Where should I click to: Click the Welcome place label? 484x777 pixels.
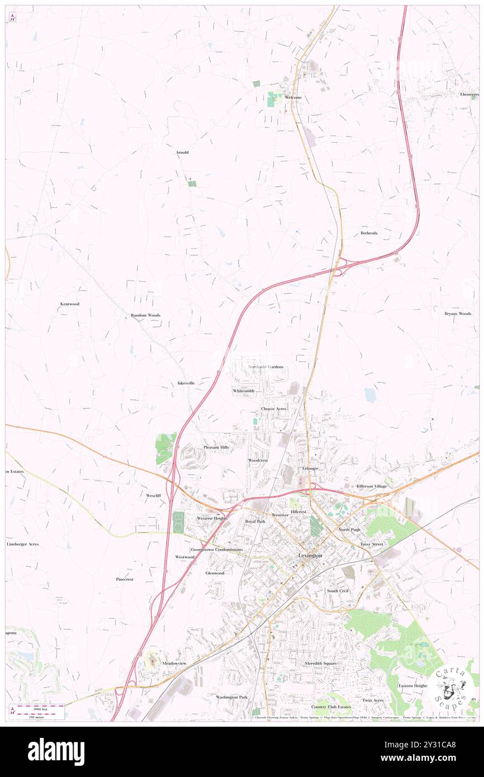pos(293,97)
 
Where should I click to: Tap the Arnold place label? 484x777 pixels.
pos(182,152)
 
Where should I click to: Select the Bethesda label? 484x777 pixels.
pos(369,233)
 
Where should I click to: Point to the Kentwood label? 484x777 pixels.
pos(70,304)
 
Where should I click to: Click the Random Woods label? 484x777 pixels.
pos(145,315)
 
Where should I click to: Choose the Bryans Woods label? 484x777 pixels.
pos(458,314)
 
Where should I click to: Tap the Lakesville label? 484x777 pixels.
pos(186,383)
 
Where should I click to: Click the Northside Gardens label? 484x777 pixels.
pos(265,367)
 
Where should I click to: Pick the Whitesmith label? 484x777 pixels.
pos(243,390)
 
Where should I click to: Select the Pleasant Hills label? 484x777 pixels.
pos(216,448)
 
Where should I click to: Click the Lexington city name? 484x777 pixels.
pos(310,556)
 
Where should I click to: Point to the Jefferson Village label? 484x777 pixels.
pos(372,486)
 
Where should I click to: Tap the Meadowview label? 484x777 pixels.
pos(174,663)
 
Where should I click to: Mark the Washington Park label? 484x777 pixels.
pos(231,697)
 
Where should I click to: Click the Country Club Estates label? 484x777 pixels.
pos(331,707)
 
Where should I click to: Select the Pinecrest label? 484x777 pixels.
pos(125,579)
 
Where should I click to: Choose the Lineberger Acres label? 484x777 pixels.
pos(22,544)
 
